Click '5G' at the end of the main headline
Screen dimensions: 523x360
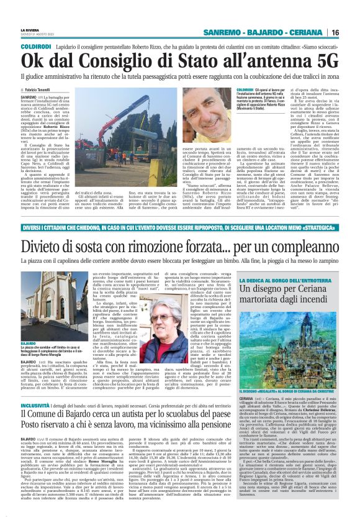[323, 61]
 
